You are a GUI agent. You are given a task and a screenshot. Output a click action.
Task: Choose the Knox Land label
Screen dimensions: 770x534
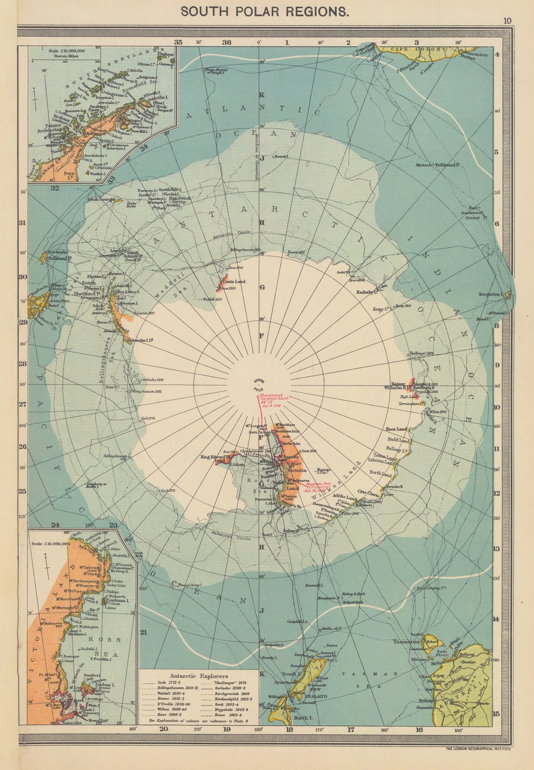pos(396,429)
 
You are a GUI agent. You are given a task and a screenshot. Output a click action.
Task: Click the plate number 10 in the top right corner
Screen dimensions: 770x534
pos(508,21)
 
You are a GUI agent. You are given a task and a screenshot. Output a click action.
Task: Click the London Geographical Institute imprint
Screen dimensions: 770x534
pos(478,749)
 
